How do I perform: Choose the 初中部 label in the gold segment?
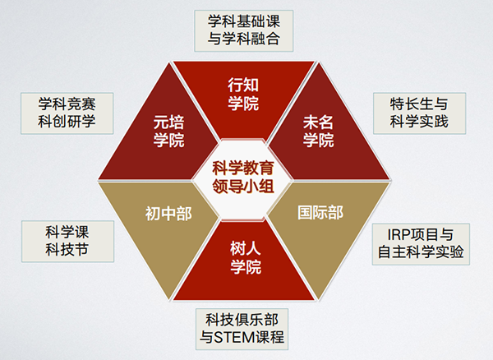pos(169,215)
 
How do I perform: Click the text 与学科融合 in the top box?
pos(246,39)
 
